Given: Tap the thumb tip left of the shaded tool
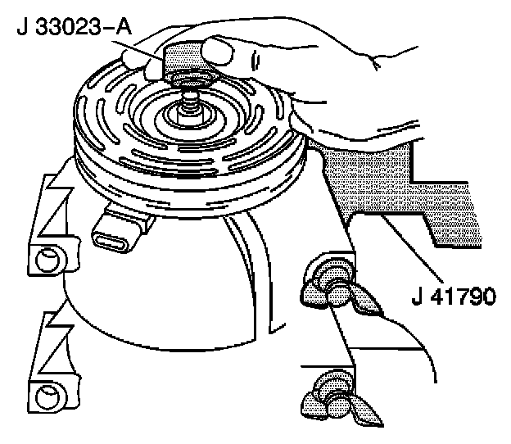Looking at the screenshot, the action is (x=136, y=62).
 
